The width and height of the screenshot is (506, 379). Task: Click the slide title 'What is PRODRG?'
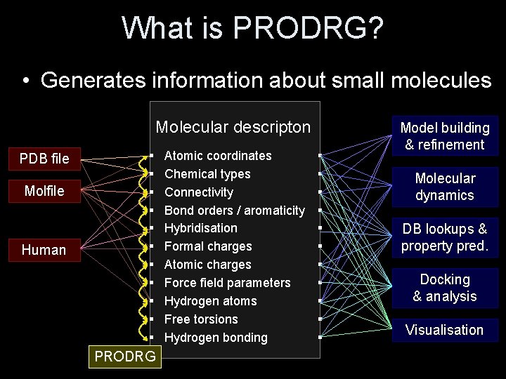click(253, 29)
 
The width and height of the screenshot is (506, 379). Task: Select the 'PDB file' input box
click(44, 159)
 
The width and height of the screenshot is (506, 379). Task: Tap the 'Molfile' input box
click(44, 191)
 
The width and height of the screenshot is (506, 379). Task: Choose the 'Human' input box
click(44, 250)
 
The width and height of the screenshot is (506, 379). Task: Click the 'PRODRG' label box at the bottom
click(125, 357)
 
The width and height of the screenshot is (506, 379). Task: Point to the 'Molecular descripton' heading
click(233, 127)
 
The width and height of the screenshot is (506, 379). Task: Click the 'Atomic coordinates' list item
click(218, 156)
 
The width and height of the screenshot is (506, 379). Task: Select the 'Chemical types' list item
click(207, 174)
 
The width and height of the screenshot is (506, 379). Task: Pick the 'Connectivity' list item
click(199, 192)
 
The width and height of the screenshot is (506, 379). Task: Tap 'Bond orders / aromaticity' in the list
click(235, 211)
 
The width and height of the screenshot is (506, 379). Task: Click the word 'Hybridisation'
click(201, 228)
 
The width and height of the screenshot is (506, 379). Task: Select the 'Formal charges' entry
click(208, 246)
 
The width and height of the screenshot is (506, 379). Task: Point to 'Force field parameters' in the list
click(227, 283)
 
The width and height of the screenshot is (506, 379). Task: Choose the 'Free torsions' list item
click(201, 319)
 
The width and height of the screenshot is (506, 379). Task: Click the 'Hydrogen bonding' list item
click(216, 338)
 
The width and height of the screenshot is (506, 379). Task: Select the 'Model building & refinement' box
click(445, 136)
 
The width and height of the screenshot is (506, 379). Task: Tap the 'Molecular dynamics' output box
click(445, 187)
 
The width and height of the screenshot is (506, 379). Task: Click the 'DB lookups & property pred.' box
click(445, 237)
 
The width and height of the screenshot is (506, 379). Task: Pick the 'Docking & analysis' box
click(445, 288)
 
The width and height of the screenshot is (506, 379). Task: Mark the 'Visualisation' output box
click(445, 330)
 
